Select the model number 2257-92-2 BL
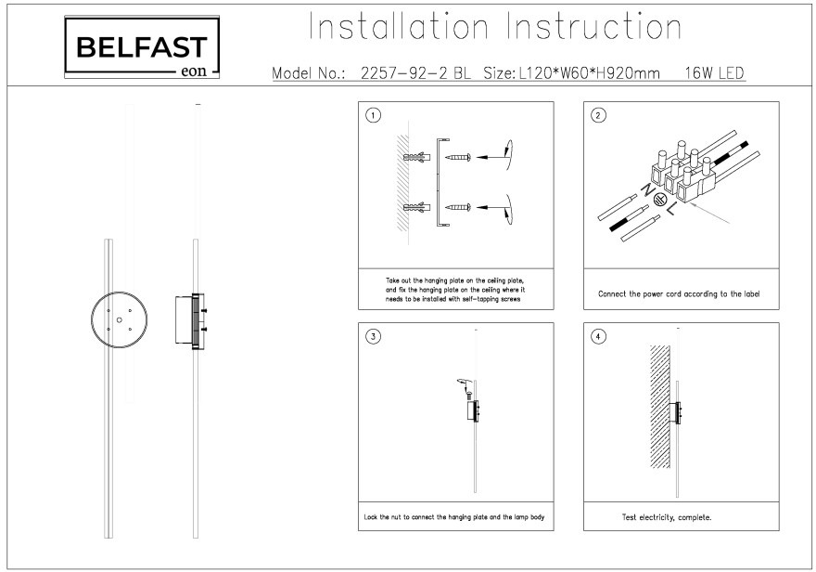click(414, 71)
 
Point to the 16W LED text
click(713, 71)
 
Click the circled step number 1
click(373, 116)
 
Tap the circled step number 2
click(598, 116)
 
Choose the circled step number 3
click(373, 337)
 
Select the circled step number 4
click(598, 337)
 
